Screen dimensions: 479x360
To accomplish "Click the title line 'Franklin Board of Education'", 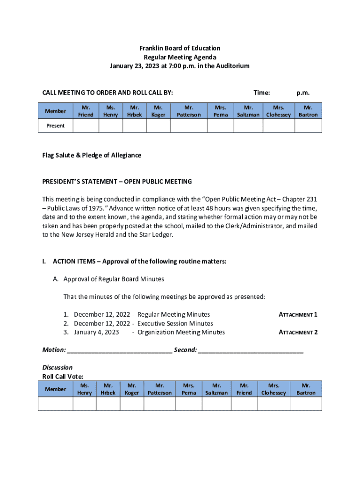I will click(180, 48).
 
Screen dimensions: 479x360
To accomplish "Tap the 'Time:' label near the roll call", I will click(261, 93).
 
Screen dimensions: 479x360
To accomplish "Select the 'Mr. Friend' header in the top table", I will click(86, 111).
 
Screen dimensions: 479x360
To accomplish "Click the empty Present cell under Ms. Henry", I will click(111, 126).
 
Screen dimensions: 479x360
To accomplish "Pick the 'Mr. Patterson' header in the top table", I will click(189, 111).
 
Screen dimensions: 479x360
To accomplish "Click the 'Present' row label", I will click(55, 126).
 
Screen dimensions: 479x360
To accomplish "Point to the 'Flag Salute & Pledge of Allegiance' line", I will click(92, 155).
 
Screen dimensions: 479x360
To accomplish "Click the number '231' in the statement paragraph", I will click(311, 199).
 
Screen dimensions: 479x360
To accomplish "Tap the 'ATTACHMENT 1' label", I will click(298, 315).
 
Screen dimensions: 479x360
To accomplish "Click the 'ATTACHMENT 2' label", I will click(298, 333).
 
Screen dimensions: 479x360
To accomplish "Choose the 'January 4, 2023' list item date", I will click(96, 333).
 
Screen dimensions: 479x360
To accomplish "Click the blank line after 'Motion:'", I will click(120, 350).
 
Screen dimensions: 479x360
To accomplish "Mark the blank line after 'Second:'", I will click(251, 350).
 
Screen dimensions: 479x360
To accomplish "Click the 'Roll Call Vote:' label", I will click(63, 376).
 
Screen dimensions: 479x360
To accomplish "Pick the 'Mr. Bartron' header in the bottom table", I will click(306, 389).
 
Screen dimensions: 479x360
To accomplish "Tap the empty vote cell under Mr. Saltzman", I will click(216, 404).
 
